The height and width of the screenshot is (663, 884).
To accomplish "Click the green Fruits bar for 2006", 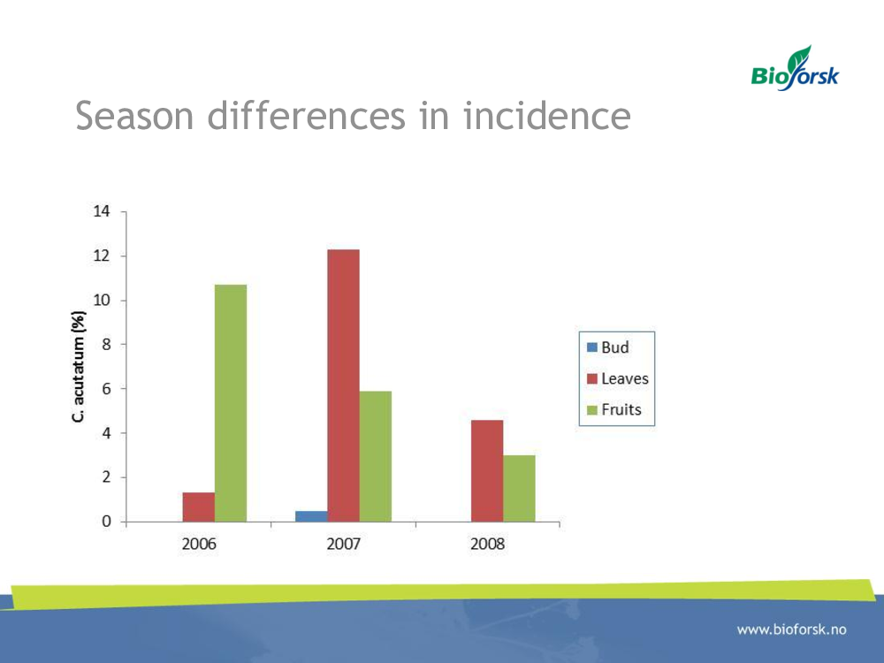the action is click(231, 403).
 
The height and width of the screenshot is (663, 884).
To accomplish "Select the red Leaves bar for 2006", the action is click(198, 507).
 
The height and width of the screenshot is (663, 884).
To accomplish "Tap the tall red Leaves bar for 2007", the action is click(343, 385).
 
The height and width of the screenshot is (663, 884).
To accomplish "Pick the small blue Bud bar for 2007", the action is click(311, 516).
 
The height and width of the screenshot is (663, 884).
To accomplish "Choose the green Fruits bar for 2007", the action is click(376, 457).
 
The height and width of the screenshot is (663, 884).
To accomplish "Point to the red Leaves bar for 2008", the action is click(487, 471).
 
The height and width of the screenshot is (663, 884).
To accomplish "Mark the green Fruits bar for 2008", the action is click(519, 489).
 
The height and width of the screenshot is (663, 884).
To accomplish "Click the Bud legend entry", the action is click(608, 347).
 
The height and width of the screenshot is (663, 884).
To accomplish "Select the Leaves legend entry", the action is click(617, 378).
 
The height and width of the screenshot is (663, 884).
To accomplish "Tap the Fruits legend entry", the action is click(614, 409).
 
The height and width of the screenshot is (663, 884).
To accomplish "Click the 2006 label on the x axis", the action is click(199, 544).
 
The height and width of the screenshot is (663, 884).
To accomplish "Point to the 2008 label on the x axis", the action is click(488, 544).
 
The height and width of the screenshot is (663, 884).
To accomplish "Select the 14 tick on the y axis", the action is click(102, 211).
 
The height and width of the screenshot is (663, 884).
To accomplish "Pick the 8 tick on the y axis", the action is click(106, 345).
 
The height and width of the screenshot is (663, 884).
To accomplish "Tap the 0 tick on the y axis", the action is click(106, 522).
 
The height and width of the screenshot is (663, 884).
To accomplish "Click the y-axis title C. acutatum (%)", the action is click(79, 367).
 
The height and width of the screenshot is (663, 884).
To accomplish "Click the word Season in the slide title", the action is click(134, 116).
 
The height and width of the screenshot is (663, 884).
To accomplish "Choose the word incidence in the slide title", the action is click(547, 116).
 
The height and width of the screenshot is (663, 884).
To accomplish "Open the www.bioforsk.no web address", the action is click(791, 629).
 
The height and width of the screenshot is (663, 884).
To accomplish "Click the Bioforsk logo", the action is click(795, 69).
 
